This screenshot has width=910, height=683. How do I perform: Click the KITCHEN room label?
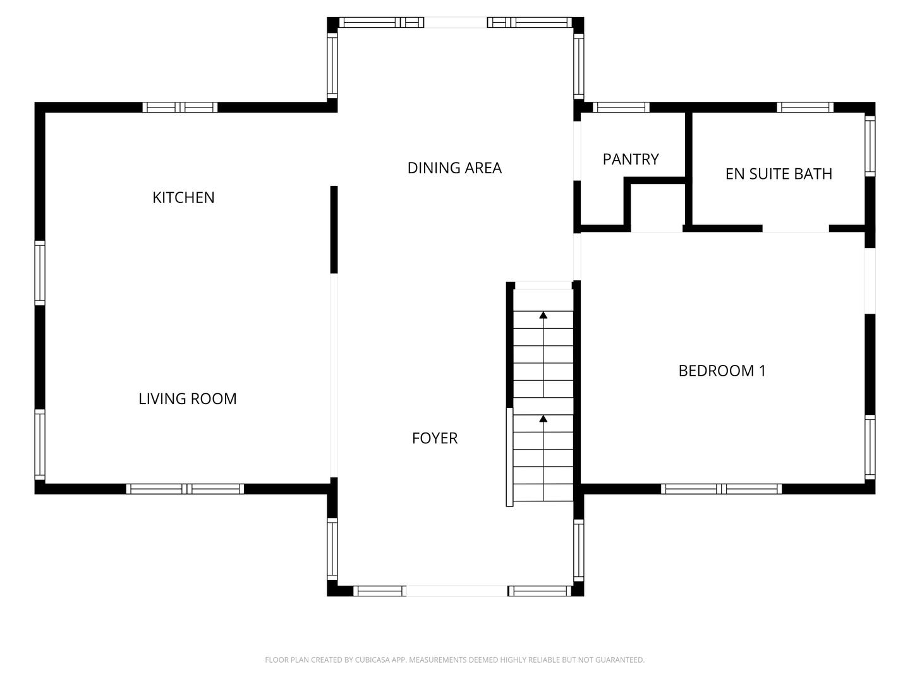[183, 197]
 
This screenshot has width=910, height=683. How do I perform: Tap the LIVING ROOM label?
[187, 398]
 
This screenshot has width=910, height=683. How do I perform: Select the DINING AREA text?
[454, 168]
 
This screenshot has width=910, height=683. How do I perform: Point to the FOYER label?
[434, 438]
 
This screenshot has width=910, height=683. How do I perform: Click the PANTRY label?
[631, 159]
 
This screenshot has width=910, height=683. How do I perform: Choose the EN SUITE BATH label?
[779, 174]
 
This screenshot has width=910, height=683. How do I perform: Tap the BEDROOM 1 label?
[722, 371]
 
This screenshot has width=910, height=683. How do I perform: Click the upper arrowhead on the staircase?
[543, 314]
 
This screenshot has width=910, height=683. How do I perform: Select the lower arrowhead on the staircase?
[543, 418]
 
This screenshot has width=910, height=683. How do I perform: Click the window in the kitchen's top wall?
[180, 108]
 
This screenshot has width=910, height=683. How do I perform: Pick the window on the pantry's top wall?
[621, 108]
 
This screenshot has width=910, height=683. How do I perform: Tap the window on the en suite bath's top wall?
[804, 108]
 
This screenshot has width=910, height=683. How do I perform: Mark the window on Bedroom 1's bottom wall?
[721, 489]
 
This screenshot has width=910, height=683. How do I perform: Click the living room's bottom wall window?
[185, 489]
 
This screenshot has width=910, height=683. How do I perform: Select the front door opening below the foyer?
[456, 591]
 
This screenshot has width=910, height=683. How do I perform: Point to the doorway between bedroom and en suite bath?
[796, 228]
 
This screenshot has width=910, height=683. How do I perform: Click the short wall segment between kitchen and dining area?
[334, 230]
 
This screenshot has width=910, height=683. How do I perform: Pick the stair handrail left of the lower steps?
[509, 457]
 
